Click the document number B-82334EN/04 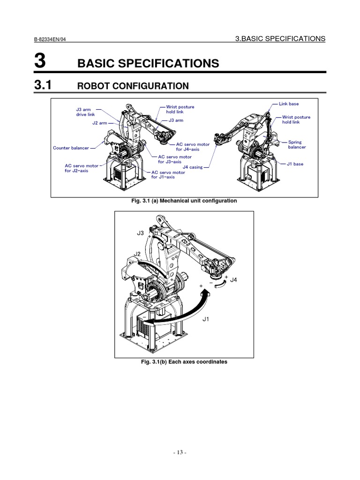click(52, 40)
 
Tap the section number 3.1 click(45, 85)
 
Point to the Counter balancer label click(71, 148)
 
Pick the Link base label click(289, 104)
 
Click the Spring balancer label click(297, 144)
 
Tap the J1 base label click(295, 164)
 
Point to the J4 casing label click(193, 167)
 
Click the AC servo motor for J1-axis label click(168, 175)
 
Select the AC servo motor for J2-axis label click(82, 168)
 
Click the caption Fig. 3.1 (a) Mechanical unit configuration click(184, 201)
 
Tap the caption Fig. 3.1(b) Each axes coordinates click(184, 362)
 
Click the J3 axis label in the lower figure click(141, 233)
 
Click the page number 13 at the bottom click(180, 453)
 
